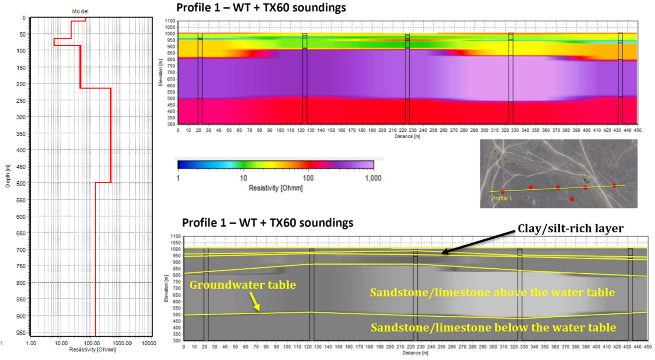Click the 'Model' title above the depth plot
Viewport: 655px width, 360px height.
(x=80, y=11)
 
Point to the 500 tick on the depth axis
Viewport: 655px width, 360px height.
(x=21, y=183)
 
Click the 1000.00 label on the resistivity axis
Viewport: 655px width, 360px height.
(x=122, y=343)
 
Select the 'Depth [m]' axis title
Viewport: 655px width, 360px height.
(x=8, y=176)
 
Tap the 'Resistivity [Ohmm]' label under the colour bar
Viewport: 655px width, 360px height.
(x=276, y=188)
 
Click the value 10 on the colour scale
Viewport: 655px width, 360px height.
(x=243, y=178)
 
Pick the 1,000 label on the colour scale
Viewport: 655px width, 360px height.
(x=373, y=178)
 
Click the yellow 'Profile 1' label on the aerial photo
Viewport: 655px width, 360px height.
(x=502, y=198)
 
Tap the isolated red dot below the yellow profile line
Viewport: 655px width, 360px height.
(x=572, y=199)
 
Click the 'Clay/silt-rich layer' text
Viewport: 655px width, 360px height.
(x=570, y=228)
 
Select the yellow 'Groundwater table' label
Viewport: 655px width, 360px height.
(x=243, y=285)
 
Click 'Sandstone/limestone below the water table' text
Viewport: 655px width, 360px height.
(x=493, y=328)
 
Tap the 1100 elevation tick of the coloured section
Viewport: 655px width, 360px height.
(x=170, y=21)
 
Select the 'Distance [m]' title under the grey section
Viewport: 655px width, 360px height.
(x=415, y=353)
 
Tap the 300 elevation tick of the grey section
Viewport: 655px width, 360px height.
(x=176, y=341)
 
